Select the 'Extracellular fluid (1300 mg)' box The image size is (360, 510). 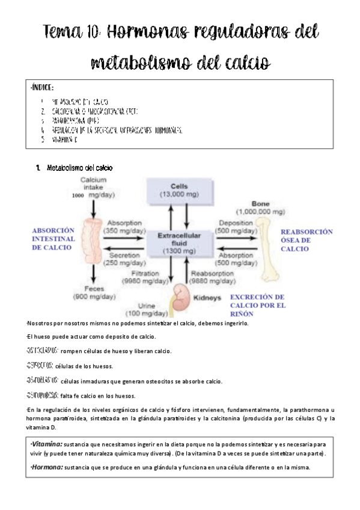click(179, 241)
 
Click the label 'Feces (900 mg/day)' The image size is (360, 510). click(94, 293)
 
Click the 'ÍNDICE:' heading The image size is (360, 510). click(43, 88)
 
